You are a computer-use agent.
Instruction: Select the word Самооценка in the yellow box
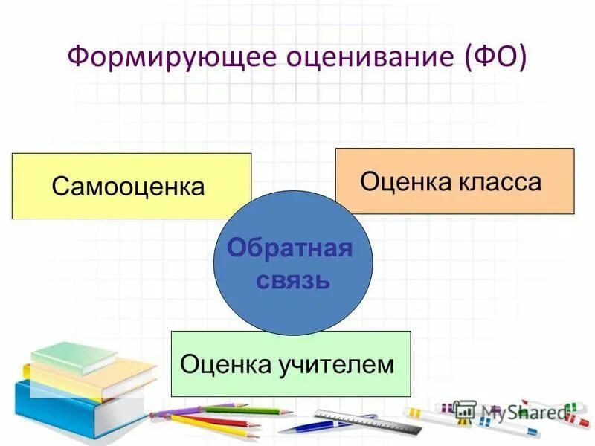tap(128, 187)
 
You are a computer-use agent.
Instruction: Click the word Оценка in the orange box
tap(403, 181)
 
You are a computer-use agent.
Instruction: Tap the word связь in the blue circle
tap(293, 281)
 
